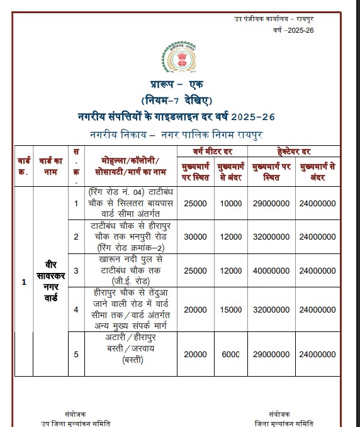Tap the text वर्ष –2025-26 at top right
(x=293, y=31)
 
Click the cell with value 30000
(x=195, y=236)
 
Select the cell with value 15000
(x=232, y=309)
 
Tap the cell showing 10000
(x=232, y=203)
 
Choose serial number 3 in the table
(x=76, y=270)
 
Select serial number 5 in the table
(x=76, y=354)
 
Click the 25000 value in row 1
(x=195, y=203)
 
